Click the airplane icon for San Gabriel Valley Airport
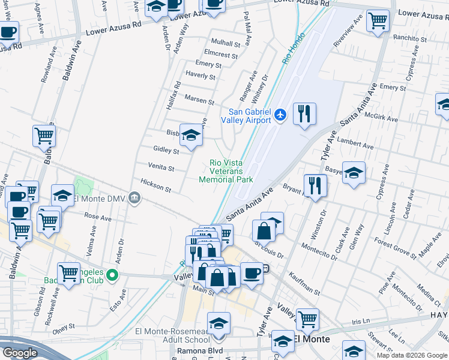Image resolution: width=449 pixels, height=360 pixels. [280, 114]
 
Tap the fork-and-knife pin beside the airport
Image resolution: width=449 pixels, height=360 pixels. [304, 113]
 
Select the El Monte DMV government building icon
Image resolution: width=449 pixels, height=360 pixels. [137, 198]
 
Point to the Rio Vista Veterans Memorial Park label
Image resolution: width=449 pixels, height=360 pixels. [226, 171]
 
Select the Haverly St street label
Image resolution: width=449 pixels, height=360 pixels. [200, 76]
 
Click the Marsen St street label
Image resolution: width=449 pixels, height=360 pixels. [199, 101]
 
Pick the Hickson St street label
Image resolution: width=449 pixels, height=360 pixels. [155, 185]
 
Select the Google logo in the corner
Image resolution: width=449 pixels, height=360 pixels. [20, 353]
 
